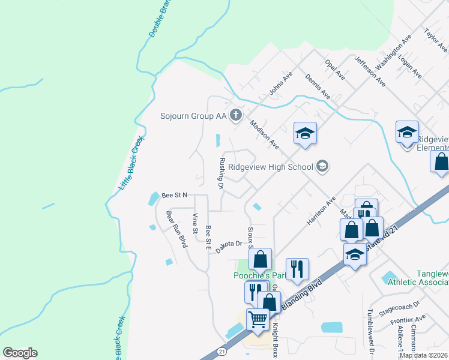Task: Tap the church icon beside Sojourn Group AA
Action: [x=237, y=115]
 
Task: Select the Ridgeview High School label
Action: [x=275, y=167]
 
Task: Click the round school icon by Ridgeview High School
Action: [x=322, y=167]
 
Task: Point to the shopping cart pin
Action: [x=258, y=319]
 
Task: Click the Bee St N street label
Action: [x=175, y=195]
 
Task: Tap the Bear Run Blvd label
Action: [x=176, y=229]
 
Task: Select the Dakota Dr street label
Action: [x=228, y=244]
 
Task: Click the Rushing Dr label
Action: [x=221, y=175]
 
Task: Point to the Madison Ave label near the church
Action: [x=264, y=135]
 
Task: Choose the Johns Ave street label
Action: [x=280, y=83]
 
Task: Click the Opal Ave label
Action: [x=334, y=69]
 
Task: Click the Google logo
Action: [x=20, y=353]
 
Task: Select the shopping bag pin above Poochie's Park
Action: [x=261, y=259]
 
